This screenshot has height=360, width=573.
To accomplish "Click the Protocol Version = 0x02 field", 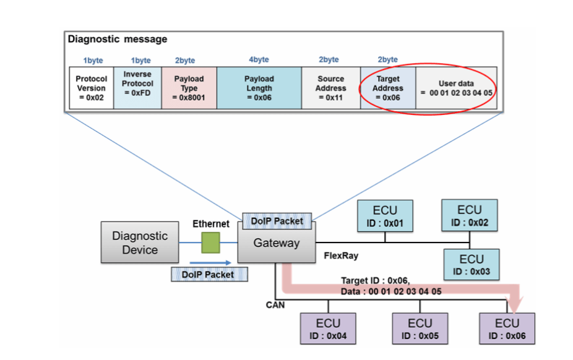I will (x=91, y=88).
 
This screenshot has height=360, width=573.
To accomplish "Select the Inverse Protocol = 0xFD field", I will (x=138, y=88).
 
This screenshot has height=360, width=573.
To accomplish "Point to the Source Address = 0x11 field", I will (x=330, y=88).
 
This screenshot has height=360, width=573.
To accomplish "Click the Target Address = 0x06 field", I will (x=388, y=88).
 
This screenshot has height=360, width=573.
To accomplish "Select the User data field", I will (x=455, y=88).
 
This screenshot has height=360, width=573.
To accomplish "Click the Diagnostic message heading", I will (x=118, y=40).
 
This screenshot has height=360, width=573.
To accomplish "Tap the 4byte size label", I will (x=259, y=60).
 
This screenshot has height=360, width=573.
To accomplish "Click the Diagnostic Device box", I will (x=140, y=243).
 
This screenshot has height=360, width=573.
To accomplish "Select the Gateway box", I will (x=276, y=243).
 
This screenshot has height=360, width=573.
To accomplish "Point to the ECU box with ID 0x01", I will (x=385, y=216).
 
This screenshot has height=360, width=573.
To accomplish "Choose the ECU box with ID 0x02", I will (x=469, y=215).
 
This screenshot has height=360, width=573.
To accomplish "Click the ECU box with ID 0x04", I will (x=329, y=328).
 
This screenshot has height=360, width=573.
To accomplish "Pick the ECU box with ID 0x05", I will (x=420, y=328).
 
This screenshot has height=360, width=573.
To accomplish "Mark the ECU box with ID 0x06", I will (x=507, y=328).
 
